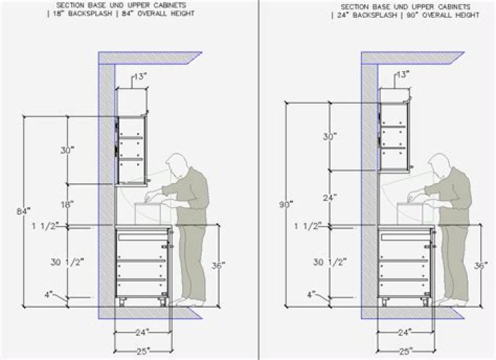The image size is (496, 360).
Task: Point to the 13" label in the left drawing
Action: (x=140, y=77)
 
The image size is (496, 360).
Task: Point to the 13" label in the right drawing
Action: (x=403, y=74)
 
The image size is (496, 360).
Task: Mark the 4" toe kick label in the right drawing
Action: (x=312, y=294)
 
